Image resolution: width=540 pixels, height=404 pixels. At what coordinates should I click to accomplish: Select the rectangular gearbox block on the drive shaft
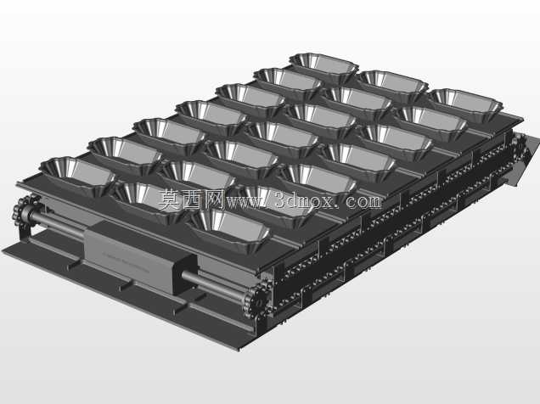pyautogui.click(x=139, y=256)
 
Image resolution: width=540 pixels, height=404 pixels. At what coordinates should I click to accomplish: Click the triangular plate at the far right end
pyautogui.click(x=524, y=159)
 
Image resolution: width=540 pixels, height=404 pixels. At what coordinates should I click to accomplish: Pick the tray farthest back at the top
pyautogui.click(x=323, y=68)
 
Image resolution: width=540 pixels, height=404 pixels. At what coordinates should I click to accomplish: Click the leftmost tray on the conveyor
pyautogui.click(x=77, y=175)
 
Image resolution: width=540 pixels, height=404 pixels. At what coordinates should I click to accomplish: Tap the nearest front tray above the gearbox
pyautogui.click(x=229, y=229)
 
